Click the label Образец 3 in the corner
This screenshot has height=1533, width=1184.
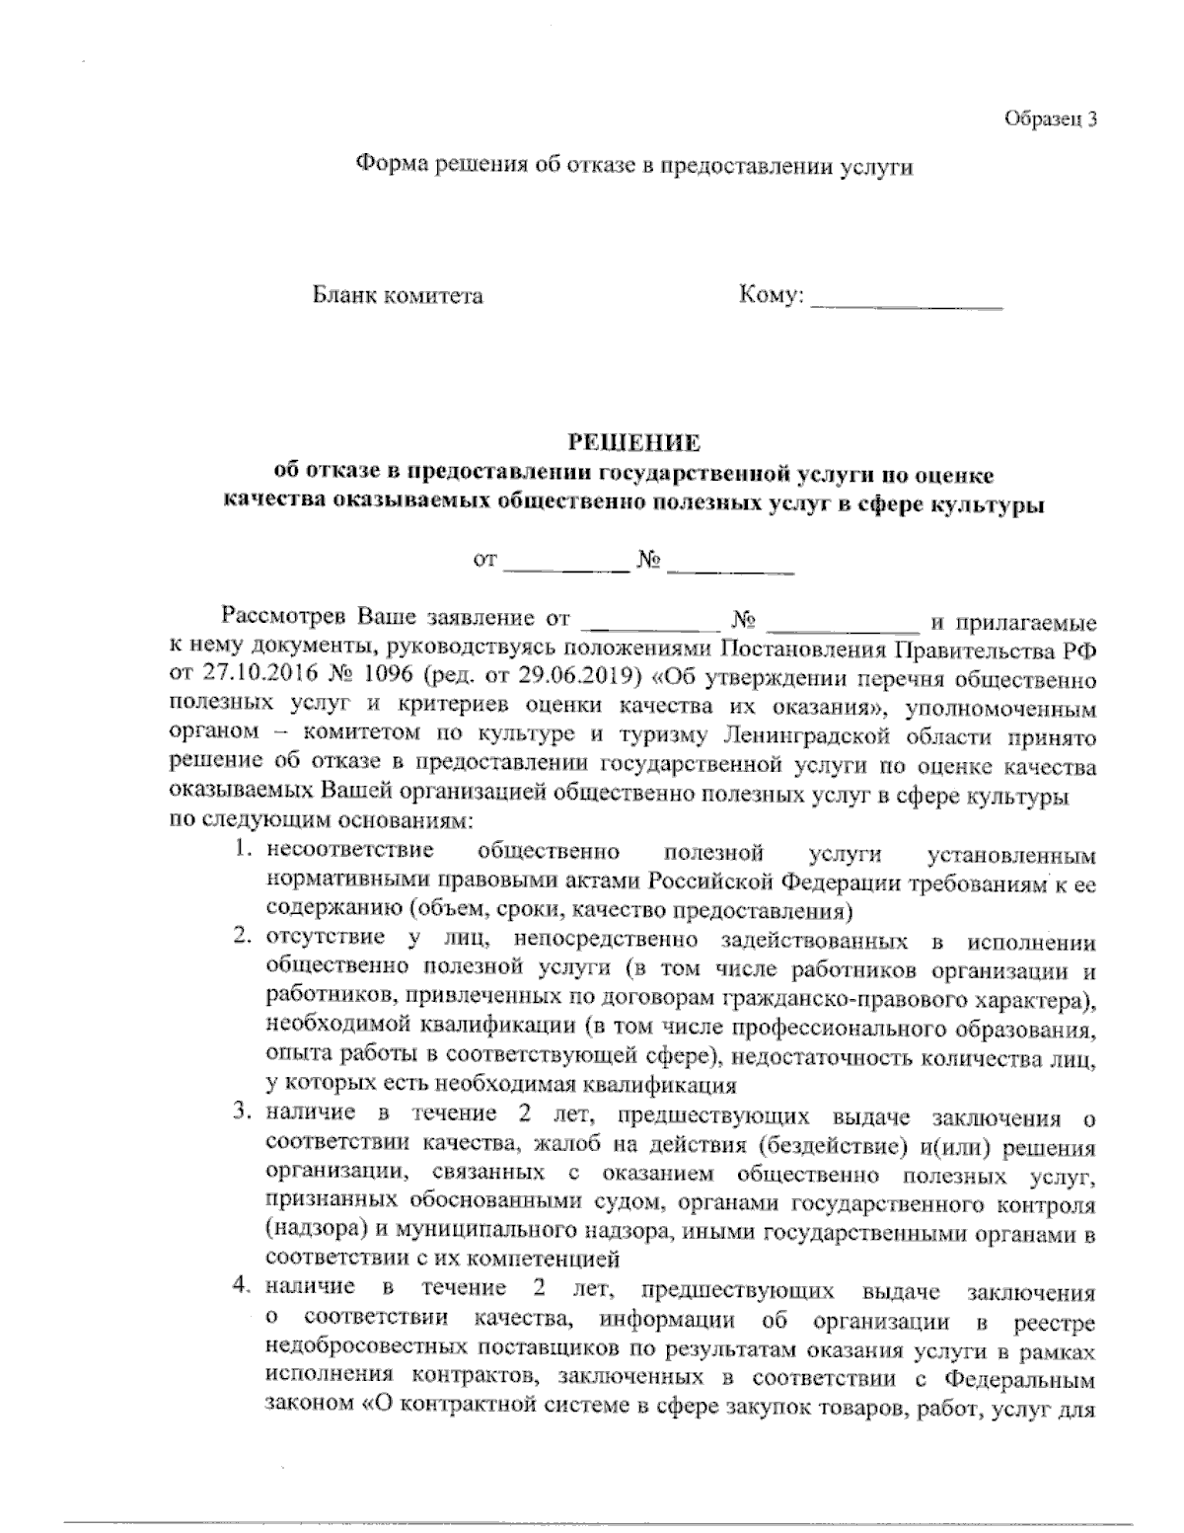click(x=1049, y=119)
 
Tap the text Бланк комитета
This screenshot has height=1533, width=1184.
click(x=398, y=296)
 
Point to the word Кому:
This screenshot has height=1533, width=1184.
click(x=771, y=295)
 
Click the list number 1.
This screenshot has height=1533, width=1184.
click(x=241, y=850)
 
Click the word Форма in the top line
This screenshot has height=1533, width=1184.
click(x=389, y=166)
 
